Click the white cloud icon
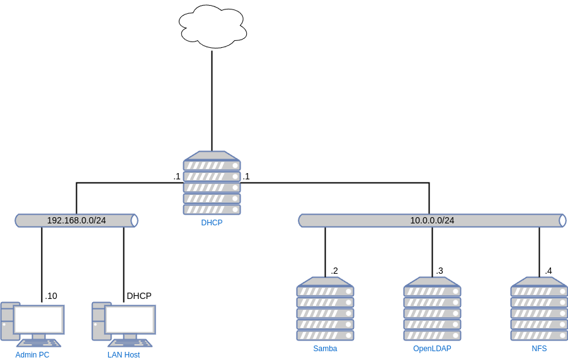point(213,26)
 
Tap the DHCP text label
point(212,223)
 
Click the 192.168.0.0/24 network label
point(76,220)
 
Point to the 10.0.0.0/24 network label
point(432,220)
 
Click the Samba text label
point(325,349)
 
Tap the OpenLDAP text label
point(432,349)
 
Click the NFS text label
point(539,349)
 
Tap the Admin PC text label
point(32,355)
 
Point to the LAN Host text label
point(123,355)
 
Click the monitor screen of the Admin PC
point(39,319)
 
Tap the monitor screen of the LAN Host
point(130,319)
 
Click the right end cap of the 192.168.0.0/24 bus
point(134,220)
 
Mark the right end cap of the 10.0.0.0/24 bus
point(562,220)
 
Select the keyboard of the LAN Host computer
point(130,343)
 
